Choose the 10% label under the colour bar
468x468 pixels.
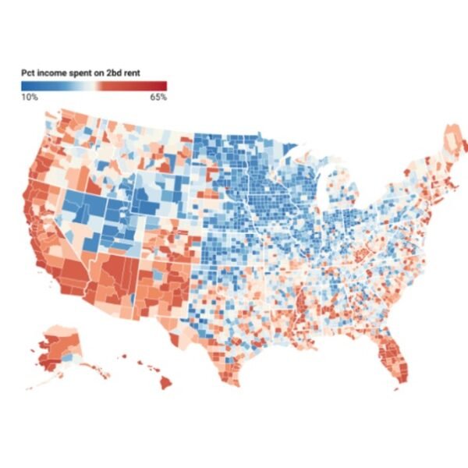point(29,97)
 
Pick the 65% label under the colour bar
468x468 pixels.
point(158,97)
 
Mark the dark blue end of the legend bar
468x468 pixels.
point(24,85)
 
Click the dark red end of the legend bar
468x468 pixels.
point(165,85)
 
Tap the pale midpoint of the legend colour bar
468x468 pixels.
point(94,85)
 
